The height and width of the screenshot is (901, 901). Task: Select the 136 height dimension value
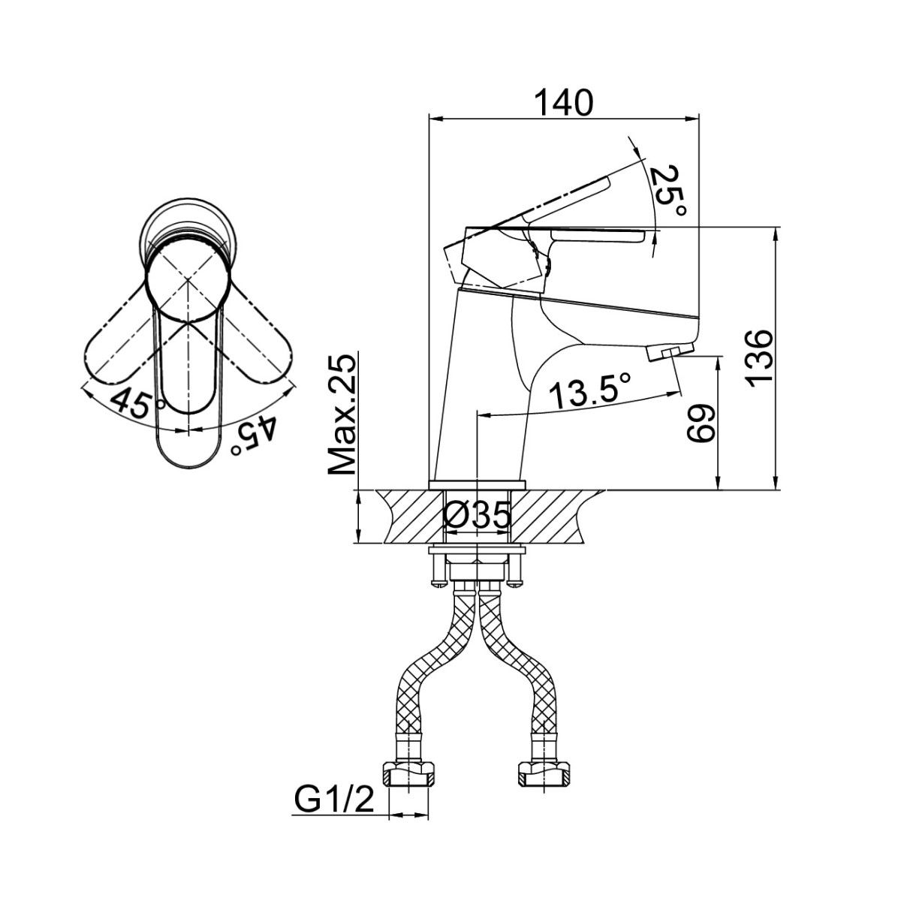click(x=759, y=356)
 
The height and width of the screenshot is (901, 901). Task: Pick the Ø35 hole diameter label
click(x=477, y=515)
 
